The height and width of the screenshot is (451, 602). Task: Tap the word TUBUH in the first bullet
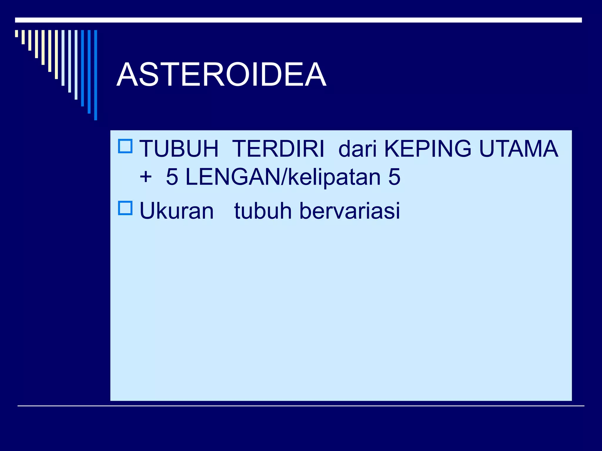(x=179, y=149)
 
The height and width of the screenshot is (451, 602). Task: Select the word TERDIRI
(x=278, y=149)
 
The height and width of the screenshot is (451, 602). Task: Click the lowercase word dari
(x=357, y=149)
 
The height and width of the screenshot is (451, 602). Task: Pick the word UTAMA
(x=519, y=149)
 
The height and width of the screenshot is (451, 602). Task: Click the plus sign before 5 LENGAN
(x=146, y=177)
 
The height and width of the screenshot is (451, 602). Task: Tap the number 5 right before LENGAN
(x=172, y=177)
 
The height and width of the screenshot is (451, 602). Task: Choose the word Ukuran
(x=176, y=211)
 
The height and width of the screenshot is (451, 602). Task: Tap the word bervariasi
(x=350, y=211)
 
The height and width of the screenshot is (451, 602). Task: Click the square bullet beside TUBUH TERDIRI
(x=125, y=146)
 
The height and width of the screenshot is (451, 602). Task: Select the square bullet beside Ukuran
(x=125, y=208)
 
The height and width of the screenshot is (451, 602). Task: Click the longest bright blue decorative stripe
(x=96, y=75)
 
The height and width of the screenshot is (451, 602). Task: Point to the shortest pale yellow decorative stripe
(x=16, y=33)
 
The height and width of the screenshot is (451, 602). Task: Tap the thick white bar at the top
(x=298, y=20)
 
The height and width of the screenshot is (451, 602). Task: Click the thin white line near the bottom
(x=301, y=406)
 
